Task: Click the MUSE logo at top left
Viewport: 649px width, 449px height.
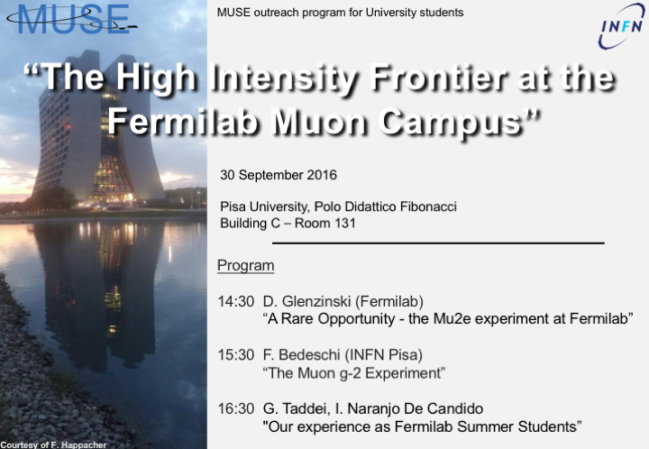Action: [x=72, y=19]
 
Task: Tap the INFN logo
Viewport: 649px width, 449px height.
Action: [x=621, y=26]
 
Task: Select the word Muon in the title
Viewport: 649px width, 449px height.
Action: [x=319, y=121]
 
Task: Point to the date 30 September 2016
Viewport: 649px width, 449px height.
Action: [x=279, y=175]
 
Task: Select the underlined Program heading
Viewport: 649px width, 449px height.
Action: [x=246, y=266]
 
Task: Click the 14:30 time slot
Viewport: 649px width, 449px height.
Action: [x=236, y=302]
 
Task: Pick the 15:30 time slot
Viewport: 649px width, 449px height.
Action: [x=236, y=355]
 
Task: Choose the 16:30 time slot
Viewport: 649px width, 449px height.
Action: [x=236, y=408]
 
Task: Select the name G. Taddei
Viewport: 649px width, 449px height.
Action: [x=297, y=408]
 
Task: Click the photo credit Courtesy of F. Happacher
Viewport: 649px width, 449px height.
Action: [x=53, y=444]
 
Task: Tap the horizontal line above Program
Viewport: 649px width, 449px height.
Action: [x=438, y=243]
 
